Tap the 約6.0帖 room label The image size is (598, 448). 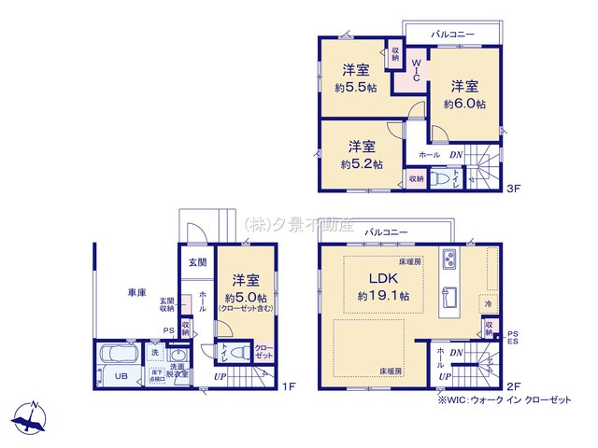(x=464, y=105)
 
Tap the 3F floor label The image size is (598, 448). (x=512, y=188)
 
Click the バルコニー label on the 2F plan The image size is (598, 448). (x=385, y=230)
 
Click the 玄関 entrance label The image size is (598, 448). (x=198, y=262)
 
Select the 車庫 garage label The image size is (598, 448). (x=136, y=292)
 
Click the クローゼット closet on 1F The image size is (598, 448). (x=263, y=353)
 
